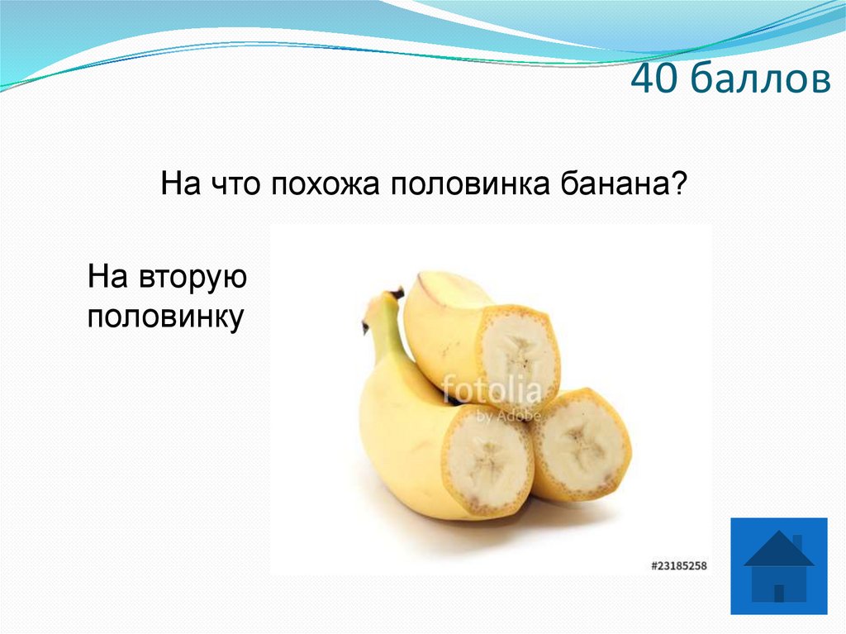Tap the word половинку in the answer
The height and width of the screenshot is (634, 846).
pos(165,317)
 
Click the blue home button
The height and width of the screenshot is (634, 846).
pos(778,566)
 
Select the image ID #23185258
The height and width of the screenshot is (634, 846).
pos(679,565)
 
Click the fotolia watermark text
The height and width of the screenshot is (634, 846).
pos(491,389)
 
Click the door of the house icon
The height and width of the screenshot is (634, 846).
pos(779,592)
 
